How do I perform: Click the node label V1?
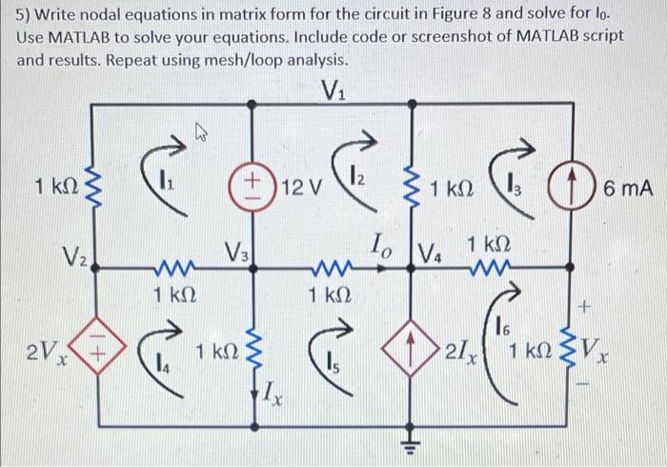click(x=333, y=92)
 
